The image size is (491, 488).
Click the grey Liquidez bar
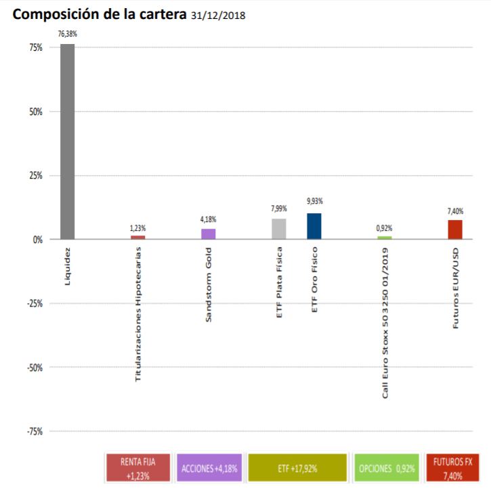pyautogui.click(x=67, y=141)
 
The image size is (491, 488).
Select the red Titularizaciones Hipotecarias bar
pyautogui.click(x=138, y=237)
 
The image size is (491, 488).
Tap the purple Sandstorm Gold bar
pyautogui.click(x=209, y=234)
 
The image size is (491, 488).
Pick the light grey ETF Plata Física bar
pyautogui.click(x=279, y=229)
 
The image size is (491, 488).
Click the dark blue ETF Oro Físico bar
pyautogui.click(x=314, y=226)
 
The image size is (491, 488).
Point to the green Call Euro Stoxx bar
pyautogui.click(x=385, y=238)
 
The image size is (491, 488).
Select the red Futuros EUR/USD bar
pyautogui.click(x=455, y=229)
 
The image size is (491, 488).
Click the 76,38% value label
pyautogui.click(x=67, y=33)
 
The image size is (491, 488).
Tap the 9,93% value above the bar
pyautogui.click(x=314, y=201)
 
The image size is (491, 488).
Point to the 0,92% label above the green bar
pyautogui.click(x=385, y=228)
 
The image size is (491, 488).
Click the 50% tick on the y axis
pyautogui.click(x=35, y=112)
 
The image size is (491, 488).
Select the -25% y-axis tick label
pyautogui.click(x=33, y=304)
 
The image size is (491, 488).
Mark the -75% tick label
pyautogui.click(x=33, y=432)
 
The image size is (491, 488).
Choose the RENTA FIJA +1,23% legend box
pyautogui.click(x=138, y=468)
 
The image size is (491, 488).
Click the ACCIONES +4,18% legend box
pyautogui.click(x=209, y=468)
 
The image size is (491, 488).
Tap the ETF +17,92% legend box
pyautogui.click(x=297, y=468)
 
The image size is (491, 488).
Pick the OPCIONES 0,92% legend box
pyautogui.click(x=385, y=468)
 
